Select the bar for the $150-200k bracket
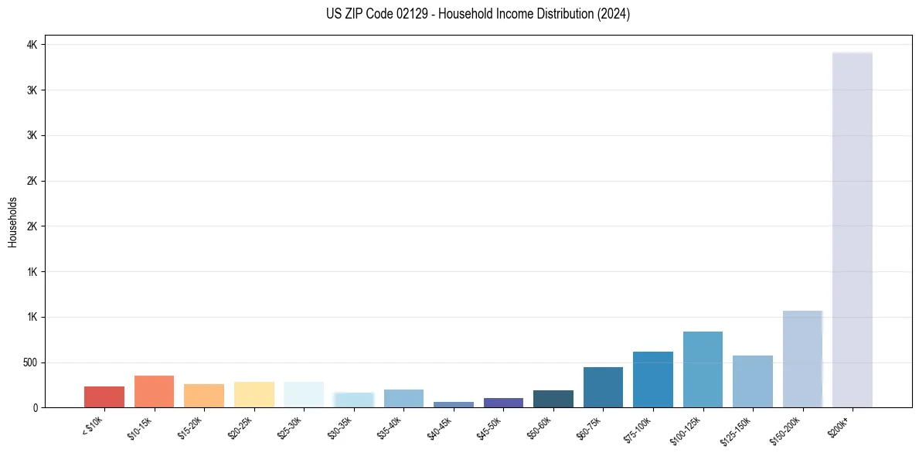[x=802, y=359]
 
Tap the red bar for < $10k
[x=104, y=396]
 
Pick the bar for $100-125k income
[x=703, y=369]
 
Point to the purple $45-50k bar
[x=503, y=403]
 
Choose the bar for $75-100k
[x=653, y=379]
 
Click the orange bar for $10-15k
[x=154, y=391]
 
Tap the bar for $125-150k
[x=753, y=381]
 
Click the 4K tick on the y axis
[x=32, y=45]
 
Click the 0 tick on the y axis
[x=35, y=407]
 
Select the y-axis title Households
[x=13, y=222]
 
